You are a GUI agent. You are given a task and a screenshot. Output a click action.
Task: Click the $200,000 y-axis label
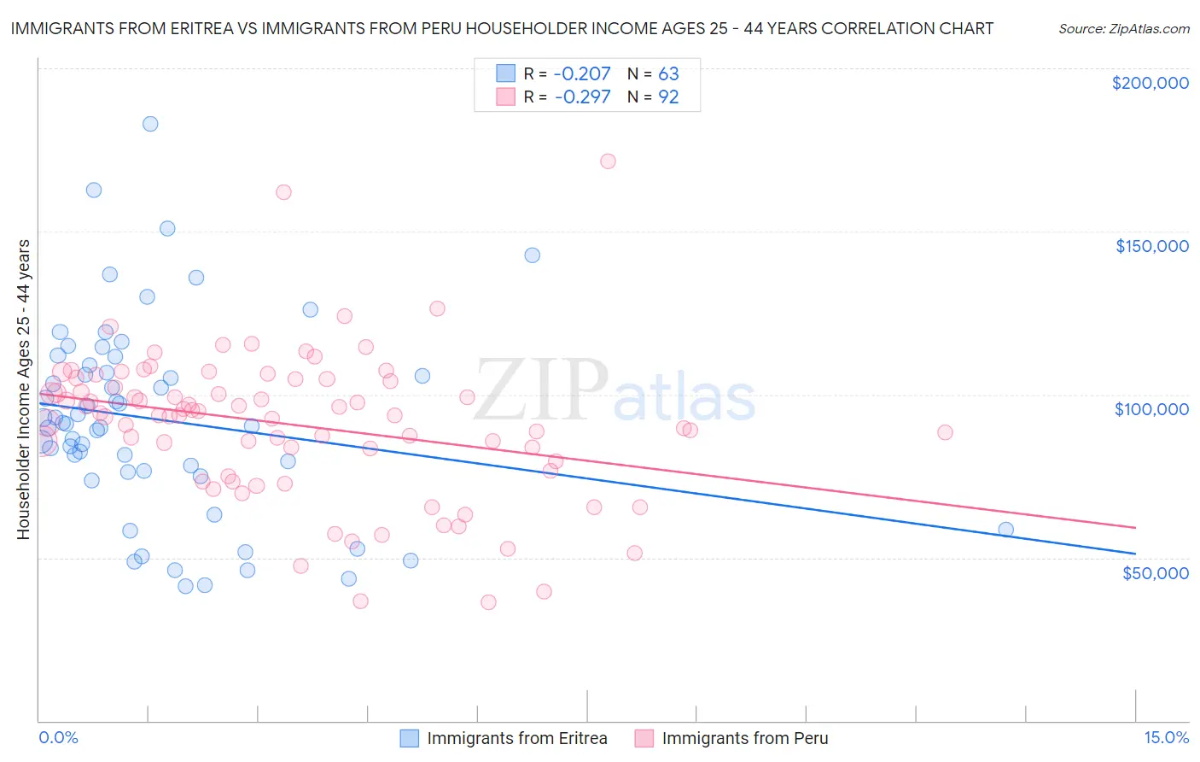click(1150, 83)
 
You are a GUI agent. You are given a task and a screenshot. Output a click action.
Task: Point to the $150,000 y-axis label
click(1151, 246)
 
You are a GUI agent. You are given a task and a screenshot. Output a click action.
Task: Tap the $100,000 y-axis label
click(1151, 409)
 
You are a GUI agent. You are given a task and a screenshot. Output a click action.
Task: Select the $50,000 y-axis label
click(1155, 572)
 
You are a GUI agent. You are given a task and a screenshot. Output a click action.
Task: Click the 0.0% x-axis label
click(58, 737)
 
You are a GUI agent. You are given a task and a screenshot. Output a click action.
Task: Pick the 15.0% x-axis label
click(1166, 737)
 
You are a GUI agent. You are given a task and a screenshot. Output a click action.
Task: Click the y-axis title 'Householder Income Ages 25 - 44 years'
click(24, 390)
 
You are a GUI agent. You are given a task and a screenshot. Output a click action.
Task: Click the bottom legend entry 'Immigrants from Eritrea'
click(516, 738)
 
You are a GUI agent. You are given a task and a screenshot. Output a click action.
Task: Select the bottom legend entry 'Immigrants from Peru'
click(744, 738)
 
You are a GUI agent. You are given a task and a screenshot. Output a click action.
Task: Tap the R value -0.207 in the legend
click(582, 73)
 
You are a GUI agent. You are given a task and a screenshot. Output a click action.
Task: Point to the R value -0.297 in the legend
click(582, 97)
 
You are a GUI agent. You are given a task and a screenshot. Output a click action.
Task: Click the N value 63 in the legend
click(668, 73)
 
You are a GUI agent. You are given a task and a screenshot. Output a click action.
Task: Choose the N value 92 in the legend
click(668, 97)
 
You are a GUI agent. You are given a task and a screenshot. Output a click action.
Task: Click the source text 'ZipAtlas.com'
click(1148, 29)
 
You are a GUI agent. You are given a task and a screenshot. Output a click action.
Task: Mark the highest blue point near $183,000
click(150, 124)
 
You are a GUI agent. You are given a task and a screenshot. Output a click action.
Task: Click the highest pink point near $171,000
click(608, 161)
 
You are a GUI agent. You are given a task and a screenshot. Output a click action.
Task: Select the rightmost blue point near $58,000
click(1005, 530)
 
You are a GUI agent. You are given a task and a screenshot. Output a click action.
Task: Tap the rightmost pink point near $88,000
click(945, 432)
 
